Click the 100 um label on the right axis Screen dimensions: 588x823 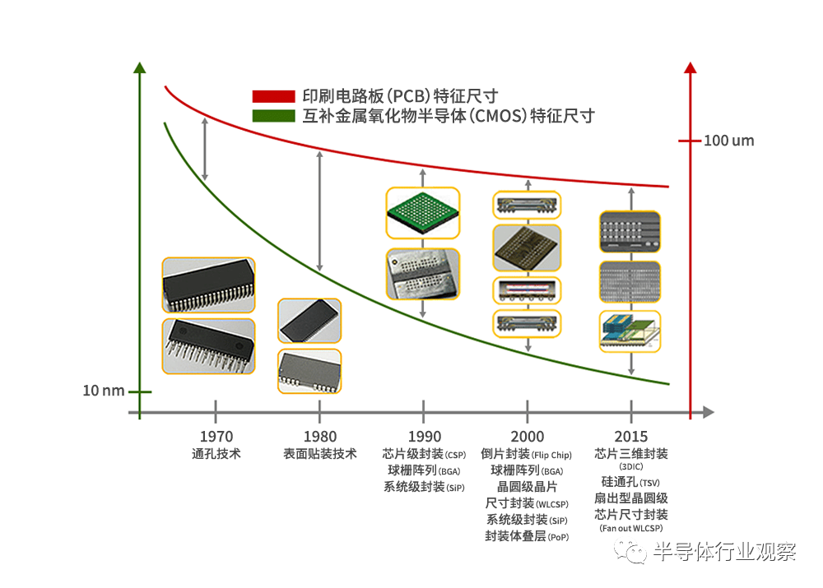click(x=728, y=141)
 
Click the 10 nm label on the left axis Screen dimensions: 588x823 click(x=104, y=391)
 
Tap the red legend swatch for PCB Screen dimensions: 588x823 click(x=273, y=96)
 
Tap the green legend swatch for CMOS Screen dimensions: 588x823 click(x=273, y=116)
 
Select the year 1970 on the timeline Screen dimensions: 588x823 click(x=216, y=437)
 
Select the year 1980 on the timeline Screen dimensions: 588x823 click(x=320, y=437)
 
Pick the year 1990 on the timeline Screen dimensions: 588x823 click(x=424, y=437)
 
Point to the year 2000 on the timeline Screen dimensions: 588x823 click(x=528, y=437)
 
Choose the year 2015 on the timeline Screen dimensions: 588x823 click(x=631, y=437)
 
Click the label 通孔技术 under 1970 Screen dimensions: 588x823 click(x=216, y=453)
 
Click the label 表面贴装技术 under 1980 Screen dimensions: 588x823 click(x=320, y=453)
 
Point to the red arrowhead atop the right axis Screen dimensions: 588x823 click(x=690, y=68)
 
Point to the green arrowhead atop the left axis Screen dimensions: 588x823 click(x=140, y=68)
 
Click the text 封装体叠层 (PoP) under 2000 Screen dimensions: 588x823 click(x=528, y=536)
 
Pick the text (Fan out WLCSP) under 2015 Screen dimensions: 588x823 click(x=631, y=529)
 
